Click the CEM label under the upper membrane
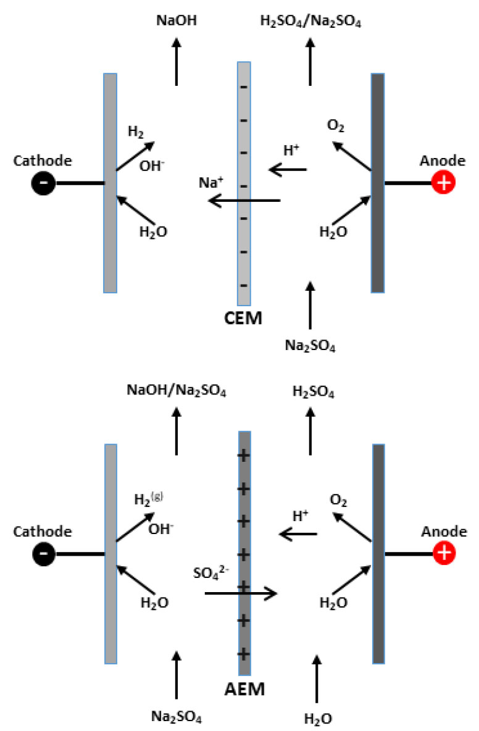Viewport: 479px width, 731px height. click(244, 319)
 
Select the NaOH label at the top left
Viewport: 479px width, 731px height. click(175, 23)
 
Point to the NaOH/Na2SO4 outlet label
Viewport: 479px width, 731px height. click(177, 391)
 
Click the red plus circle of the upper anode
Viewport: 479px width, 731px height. click(442, 183)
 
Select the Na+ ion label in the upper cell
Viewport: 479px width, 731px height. click(209, 183)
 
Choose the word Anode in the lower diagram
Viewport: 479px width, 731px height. click(443, 532)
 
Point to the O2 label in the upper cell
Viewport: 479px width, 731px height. click(336, 127)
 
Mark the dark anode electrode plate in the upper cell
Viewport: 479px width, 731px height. click(378, 183)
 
